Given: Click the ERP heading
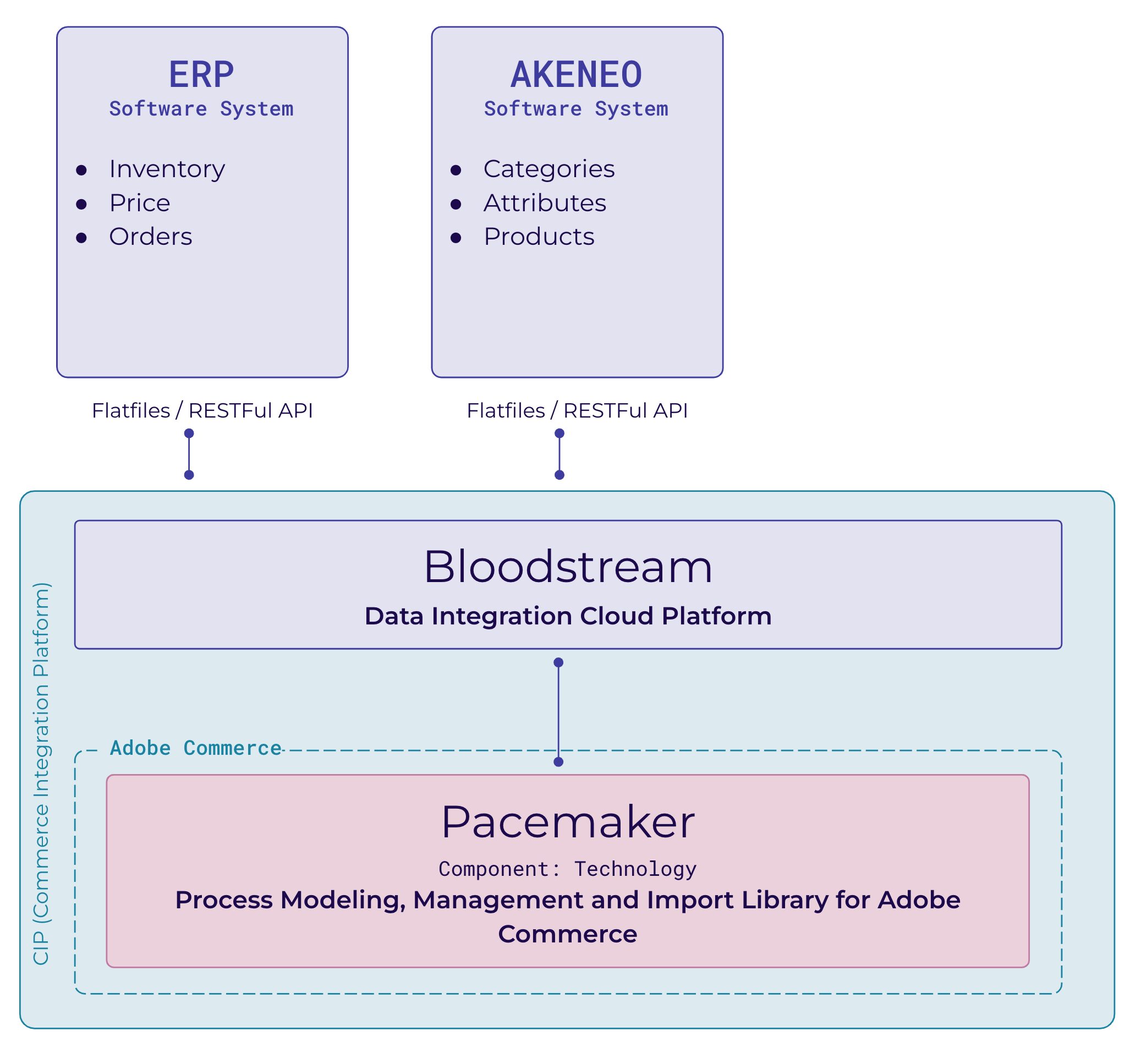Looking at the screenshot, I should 201,75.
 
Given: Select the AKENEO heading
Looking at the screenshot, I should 576,75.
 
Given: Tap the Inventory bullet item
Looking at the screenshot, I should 167,169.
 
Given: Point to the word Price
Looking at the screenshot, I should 140,204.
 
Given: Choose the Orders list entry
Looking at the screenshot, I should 150,237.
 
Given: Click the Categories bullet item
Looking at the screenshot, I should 548,169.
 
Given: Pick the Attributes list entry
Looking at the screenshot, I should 545,204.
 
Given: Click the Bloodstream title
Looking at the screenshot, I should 567,567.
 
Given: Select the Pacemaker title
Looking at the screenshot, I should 567,822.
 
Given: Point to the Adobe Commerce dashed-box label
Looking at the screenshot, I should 195,748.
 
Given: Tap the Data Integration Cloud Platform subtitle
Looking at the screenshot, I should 567,617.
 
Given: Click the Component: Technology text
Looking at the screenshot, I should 567,869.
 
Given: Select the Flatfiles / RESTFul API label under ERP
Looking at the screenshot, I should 202,411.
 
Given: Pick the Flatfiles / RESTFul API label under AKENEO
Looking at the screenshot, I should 577,411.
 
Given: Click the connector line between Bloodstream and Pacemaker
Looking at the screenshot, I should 558,712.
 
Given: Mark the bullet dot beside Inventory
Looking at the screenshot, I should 81,171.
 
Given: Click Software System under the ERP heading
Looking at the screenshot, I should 201,109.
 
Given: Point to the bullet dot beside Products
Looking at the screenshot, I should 456,238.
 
